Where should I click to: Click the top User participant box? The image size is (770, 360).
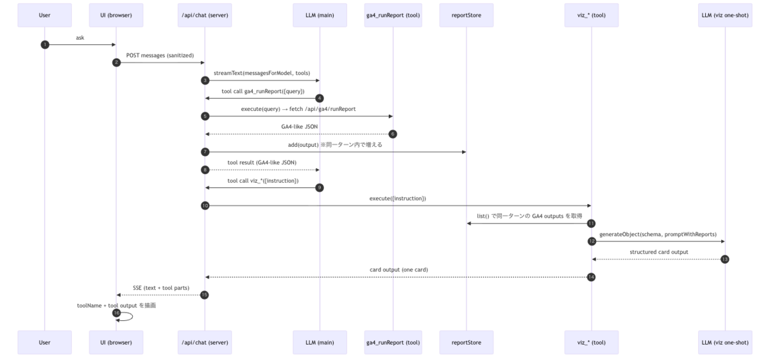pyautogui.click(x=45, y=15)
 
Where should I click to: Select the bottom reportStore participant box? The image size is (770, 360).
pyautogui.click(x=466, y=343)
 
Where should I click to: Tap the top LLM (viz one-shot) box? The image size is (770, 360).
pyautogui.click(x=725, y=15)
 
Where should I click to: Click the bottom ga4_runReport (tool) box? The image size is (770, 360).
pyautogui.click(x=393, y=343)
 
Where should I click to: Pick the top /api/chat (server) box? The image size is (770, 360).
pyautogui.click(x=205, y=15)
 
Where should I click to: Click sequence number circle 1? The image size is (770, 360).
pyautogui.click(x=45, y=45)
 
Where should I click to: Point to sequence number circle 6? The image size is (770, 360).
pyautogui.click(x=393, y=134)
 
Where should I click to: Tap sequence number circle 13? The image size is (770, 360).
pyautogui.click(x=724, y=259)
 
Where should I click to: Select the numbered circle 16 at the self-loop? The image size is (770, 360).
pyautogui.click(x=117, y=313)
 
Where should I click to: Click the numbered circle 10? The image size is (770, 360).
pyautogui.click(x=205, y=205)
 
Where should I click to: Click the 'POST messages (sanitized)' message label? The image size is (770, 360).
pyautogui.click(x=160, y=55)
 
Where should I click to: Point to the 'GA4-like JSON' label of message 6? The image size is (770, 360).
pyautogui.click(x=300, y=126)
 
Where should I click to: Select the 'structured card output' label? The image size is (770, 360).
pyautogui.click(x=658, y=252)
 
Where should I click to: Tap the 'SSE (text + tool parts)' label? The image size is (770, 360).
pyautogui.click(x=161, y=287)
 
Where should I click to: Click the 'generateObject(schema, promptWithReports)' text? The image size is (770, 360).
pyautogui.click(x=658, y=234)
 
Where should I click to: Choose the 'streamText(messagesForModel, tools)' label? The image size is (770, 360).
pyautogui.click(x=262, y=73)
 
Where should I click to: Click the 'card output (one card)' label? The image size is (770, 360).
pyautogui.click(x=398, y=270)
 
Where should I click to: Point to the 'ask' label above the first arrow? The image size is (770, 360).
pyautogui.click(x=80, y=38)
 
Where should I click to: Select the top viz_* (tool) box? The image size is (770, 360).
pyautogui.click(x=591, y=15)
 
